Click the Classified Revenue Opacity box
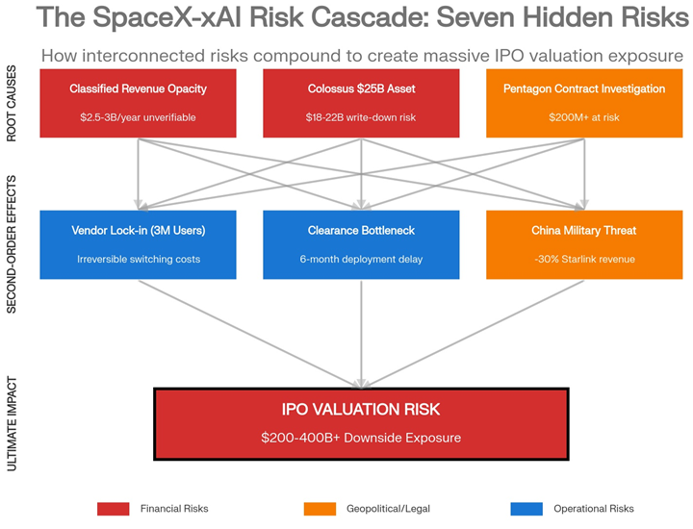tap(138, 103)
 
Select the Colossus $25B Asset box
tap(361, 103)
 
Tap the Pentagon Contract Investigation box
tap(583, 103)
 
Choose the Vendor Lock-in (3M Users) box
tap(138, 244)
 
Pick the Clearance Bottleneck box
tap(361, 244)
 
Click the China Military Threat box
tap(583, 244)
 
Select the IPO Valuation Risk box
tap(361, 423)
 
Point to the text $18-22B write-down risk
tap(361, 117)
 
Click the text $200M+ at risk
tap(583, 117)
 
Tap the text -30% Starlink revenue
tap(583, 259)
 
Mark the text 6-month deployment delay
tap(361, 259)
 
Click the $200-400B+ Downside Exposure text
tap(361, 438)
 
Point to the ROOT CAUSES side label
tap(13, 104)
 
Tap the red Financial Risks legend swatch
tap(114, 508)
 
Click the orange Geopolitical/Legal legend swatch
tap(319, 508)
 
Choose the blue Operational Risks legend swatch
tap(526, 508)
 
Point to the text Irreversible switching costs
tap(138, 259)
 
